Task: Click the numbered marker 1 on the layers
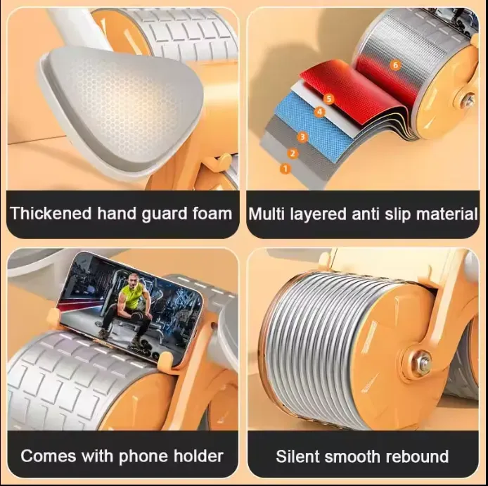coord(285,169)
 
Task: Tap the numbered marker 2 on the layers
coord(293,153)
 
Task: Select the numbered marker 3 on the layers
coord(302,137)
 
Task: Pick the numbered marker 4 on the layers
coord(319,112)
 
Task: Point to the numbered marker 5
coord(329,99)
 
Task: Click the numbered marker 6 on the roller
coord(395,65)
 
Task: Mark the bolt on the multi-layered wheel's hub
coord(468,101)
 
